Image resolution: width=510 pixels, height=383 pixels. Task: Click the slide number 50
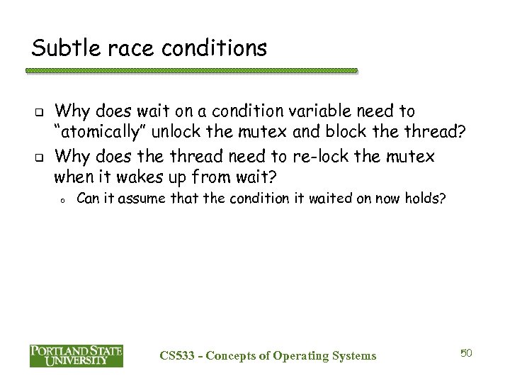tap(465, 353)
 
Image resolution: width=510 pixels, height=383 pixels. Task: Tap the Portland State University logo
tap(76, 355)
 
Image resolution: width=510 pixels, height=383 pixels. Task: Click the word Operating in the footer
tap(297, 355)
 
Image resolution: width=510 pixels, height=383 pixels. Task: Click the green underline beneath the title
tap(191, 72)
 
